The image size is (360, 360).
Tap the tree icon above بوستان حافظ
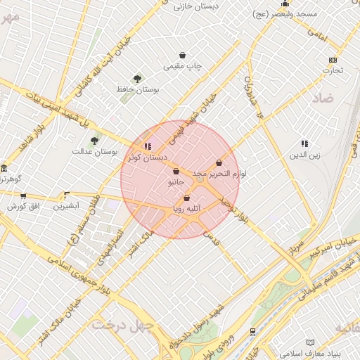pos(137,79)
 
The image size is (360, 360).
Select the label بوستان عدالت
pos(94,151)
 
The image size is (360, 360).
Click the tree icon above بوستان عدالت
pos(94,140)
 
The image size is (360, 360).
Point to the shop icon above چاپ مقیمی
pos(183,55)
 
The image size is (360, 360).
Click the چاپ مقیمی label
pos(183,67)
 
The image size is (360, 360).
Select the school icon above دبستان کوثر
pos(147,146)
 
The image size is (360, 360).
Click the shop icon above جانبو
pos(176,171)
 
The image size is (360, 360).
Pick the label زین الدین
pos(304,155)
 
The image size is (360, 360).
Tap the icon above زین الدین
pos(304,143)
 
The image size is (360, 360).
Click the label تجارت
pos(333,70)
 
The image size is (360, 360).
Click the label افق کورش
pos(22,207)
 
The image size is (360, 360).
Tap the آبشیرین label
pos(67,206)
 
